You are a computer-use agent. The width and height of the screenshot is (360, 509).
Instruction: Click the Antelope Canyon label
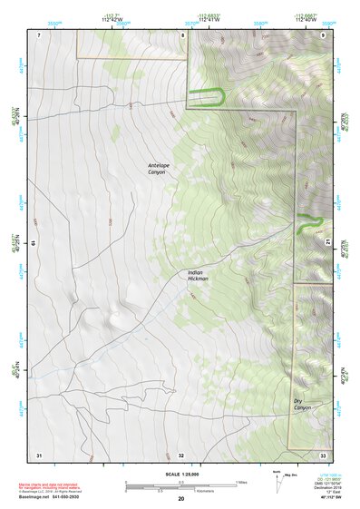160,168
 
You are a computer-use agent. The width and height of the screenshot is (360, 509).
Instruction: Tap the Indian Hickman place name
199,275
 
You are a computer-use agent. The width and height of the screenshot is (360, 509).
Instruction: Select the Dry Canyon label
302,404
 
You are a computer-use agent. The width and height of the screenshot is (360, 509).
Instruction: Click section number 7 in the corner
39,34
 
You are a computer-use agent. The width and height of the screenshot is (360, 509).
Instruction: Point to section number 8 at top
181,34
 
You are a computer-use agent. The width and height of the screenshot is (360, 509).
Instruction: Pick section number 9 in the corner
323,34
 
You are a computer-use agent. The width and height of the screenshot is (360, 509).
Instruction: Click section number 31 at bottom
39,454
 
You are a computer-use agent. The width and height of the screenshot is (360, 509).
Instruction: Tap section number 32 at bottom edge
181,454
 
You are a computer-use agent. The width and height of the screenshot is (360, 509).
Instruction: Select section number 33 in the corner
323,454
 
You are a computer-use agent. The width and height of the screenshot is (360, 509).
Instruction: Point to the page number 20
180,499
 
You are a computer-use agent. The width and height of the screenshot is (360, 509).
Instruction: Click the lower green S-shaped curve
309,222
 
